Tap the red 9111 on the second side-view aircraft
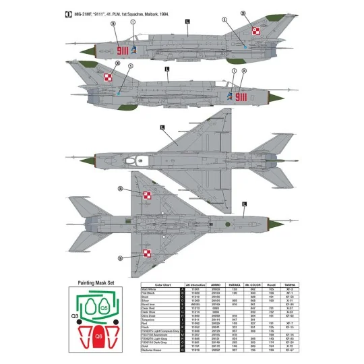(x=241, y=97)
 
